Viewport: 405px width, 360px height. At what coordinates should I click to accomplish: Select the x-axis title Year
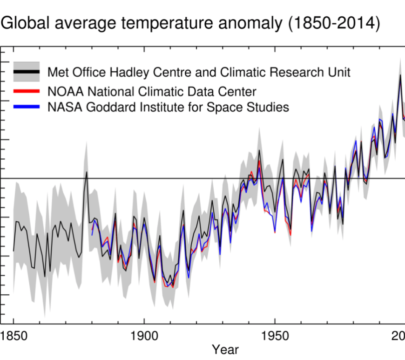(x=226, y=349)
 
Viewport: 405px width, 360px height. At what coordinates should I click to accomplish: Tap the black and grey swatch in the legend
(x=26, y=72)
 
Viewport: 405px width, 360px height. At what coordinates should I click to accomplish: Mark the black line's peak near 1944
(x=259, y=150)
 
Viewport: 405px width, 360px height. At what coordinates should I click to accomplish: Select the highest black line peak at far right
(x=400, y=75)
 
